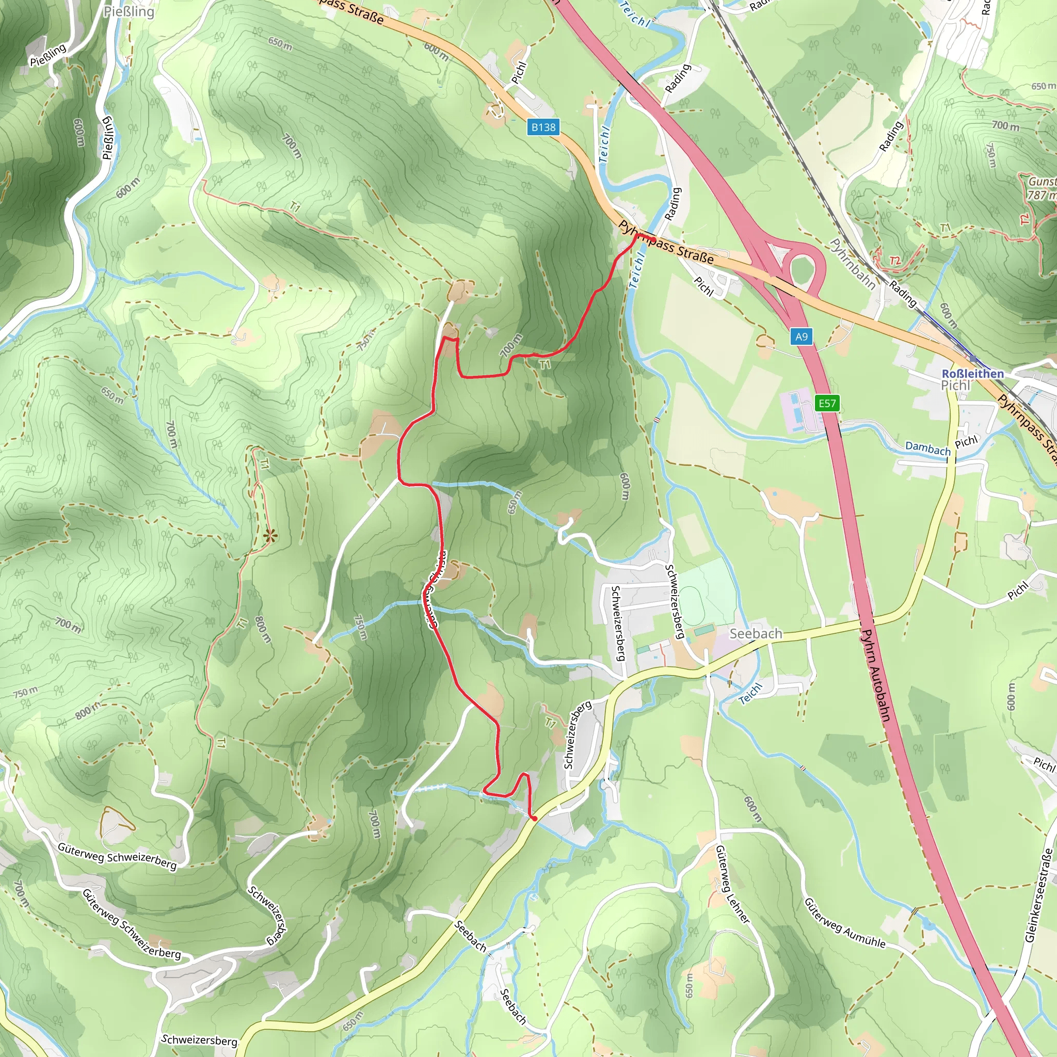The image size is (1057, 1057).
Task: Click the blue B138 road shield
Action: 543,127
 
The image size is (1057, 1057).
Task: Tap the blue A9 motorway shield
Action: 801,337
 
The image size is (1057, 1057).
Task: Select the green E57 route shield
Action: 827,403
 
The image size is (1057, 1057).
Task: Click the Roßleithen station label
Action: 972,373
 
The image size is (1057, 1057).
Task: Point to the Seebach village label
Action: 756,634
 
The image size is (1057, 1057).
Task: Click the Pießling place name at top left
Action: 129,11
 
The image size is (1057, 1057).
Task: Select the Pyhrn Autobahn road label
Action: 875,675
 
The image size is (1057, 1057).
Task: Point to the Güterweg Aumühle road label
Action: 844,922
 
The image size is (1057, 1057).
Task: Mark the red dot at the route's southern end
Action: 534,819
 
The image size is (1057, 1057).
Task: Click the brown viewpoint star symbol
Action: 269,536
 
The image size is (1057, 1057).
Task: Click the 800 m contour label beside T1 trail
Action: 263,630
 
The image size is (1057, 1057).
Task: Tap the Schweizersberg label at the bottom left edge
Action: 199,1039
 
